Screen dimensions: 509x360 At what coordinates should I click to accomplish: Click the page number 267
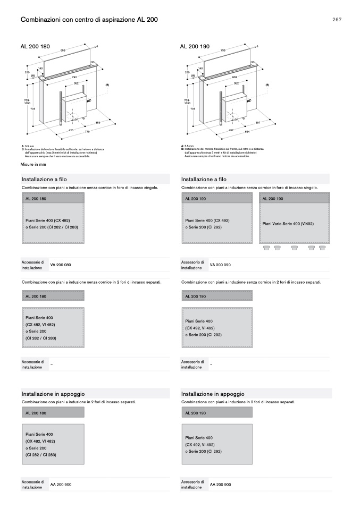click(337, 20)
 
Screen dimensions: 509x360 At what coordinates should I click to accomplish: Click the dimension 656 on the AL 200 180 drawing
click(63, 49)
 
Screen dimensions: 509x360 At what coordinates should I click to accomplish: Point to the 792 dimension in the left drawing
click(74, 77)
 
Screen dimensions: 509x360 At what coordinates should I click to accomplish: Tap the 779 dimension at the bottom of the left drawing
click(86, 131)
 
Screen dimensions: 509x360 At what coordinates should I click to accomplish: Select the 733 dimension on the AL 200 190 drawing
click(223, 49)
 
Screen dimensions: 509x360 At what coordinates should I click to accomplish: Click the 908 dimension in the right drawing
click(234, 77)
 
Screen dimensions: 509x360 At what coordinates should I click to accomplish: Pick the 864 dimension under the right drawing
click(247, 131)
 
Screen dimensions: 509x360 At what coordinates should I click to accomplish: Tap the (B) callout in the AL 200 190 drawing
click(267, 84)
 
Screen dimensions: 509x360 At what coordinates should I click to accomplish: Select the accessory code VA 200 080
click(60, 265)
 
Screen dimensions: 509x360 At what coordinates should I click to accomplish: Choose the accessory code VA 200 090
click(220, 265)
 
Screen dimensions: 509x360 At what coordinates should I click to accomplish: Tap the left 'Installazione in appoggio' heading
click(47, 394)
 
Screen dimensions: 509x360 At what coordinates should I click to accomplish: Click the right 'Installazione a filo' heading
click(204, 180)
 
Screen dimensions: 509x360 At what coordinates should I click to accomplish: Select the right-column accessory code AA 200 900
click(220, 484)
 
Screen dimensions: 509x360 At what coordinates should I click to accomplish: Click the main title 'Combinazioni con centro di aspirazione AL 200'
click(89, 20)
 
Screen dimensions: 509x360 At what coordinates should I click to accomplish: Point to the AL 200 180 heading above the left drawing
click(35, 47)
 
